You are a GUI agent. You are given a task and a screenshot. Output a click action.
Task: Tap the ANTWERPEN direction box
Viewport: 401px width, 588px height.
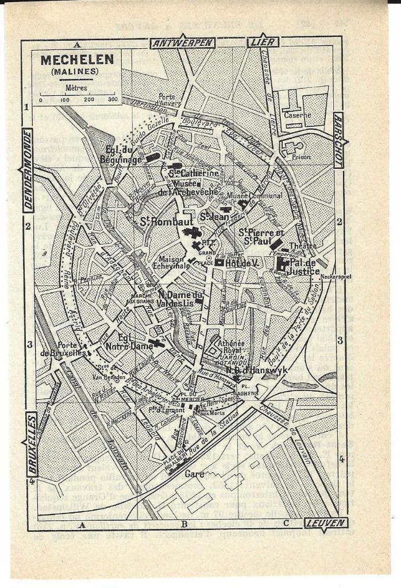(x=182, y=42)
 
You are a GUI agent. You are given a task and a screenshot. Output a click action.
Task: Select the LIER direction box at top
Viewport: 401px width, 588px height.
(x=263, y=42)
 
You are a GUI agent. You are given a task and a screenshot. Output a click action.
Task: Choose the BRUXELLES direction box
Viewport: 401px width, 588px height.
(x=32, y=444)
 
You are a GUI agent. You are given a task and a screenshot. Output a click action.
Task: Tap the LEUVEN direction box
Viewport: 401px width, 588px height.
(x=325, y=523)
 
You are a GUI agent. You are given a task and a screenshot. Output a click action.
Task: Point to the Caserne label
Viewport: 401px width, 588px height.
(x=298, y=115)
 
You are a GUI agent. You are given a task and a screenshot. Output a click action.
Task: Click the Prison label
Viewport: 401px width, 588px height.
(x=301, y=156)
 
